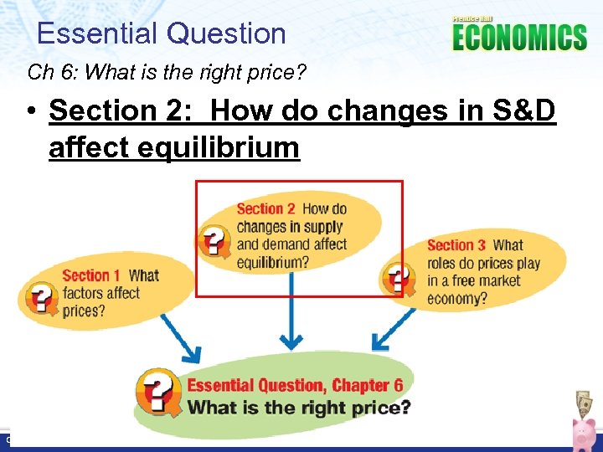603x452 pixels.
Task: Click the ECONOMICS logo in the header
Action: [519, 37]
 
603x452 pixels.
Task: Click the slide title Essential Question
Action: [162, 33]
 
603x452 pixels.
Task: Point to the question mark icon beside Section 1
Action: [43, 299]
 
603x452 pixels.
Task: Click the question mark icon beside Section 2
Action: [214, 240]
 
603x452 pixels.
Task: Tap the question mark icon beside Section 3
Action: [397, 277]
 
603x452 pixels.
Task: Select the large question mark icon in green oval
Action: [159, 392]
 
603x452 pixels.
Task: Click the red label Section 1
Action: [91, 275]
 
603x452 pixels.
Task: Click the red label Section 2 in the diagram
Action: [265, 209]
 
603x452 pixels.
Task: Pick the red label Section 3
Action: [456, 245]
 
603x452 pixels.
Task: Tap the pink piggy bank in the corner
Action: [583, 434]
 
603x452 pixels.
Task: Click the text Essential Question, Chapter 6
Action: [295, 386]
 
